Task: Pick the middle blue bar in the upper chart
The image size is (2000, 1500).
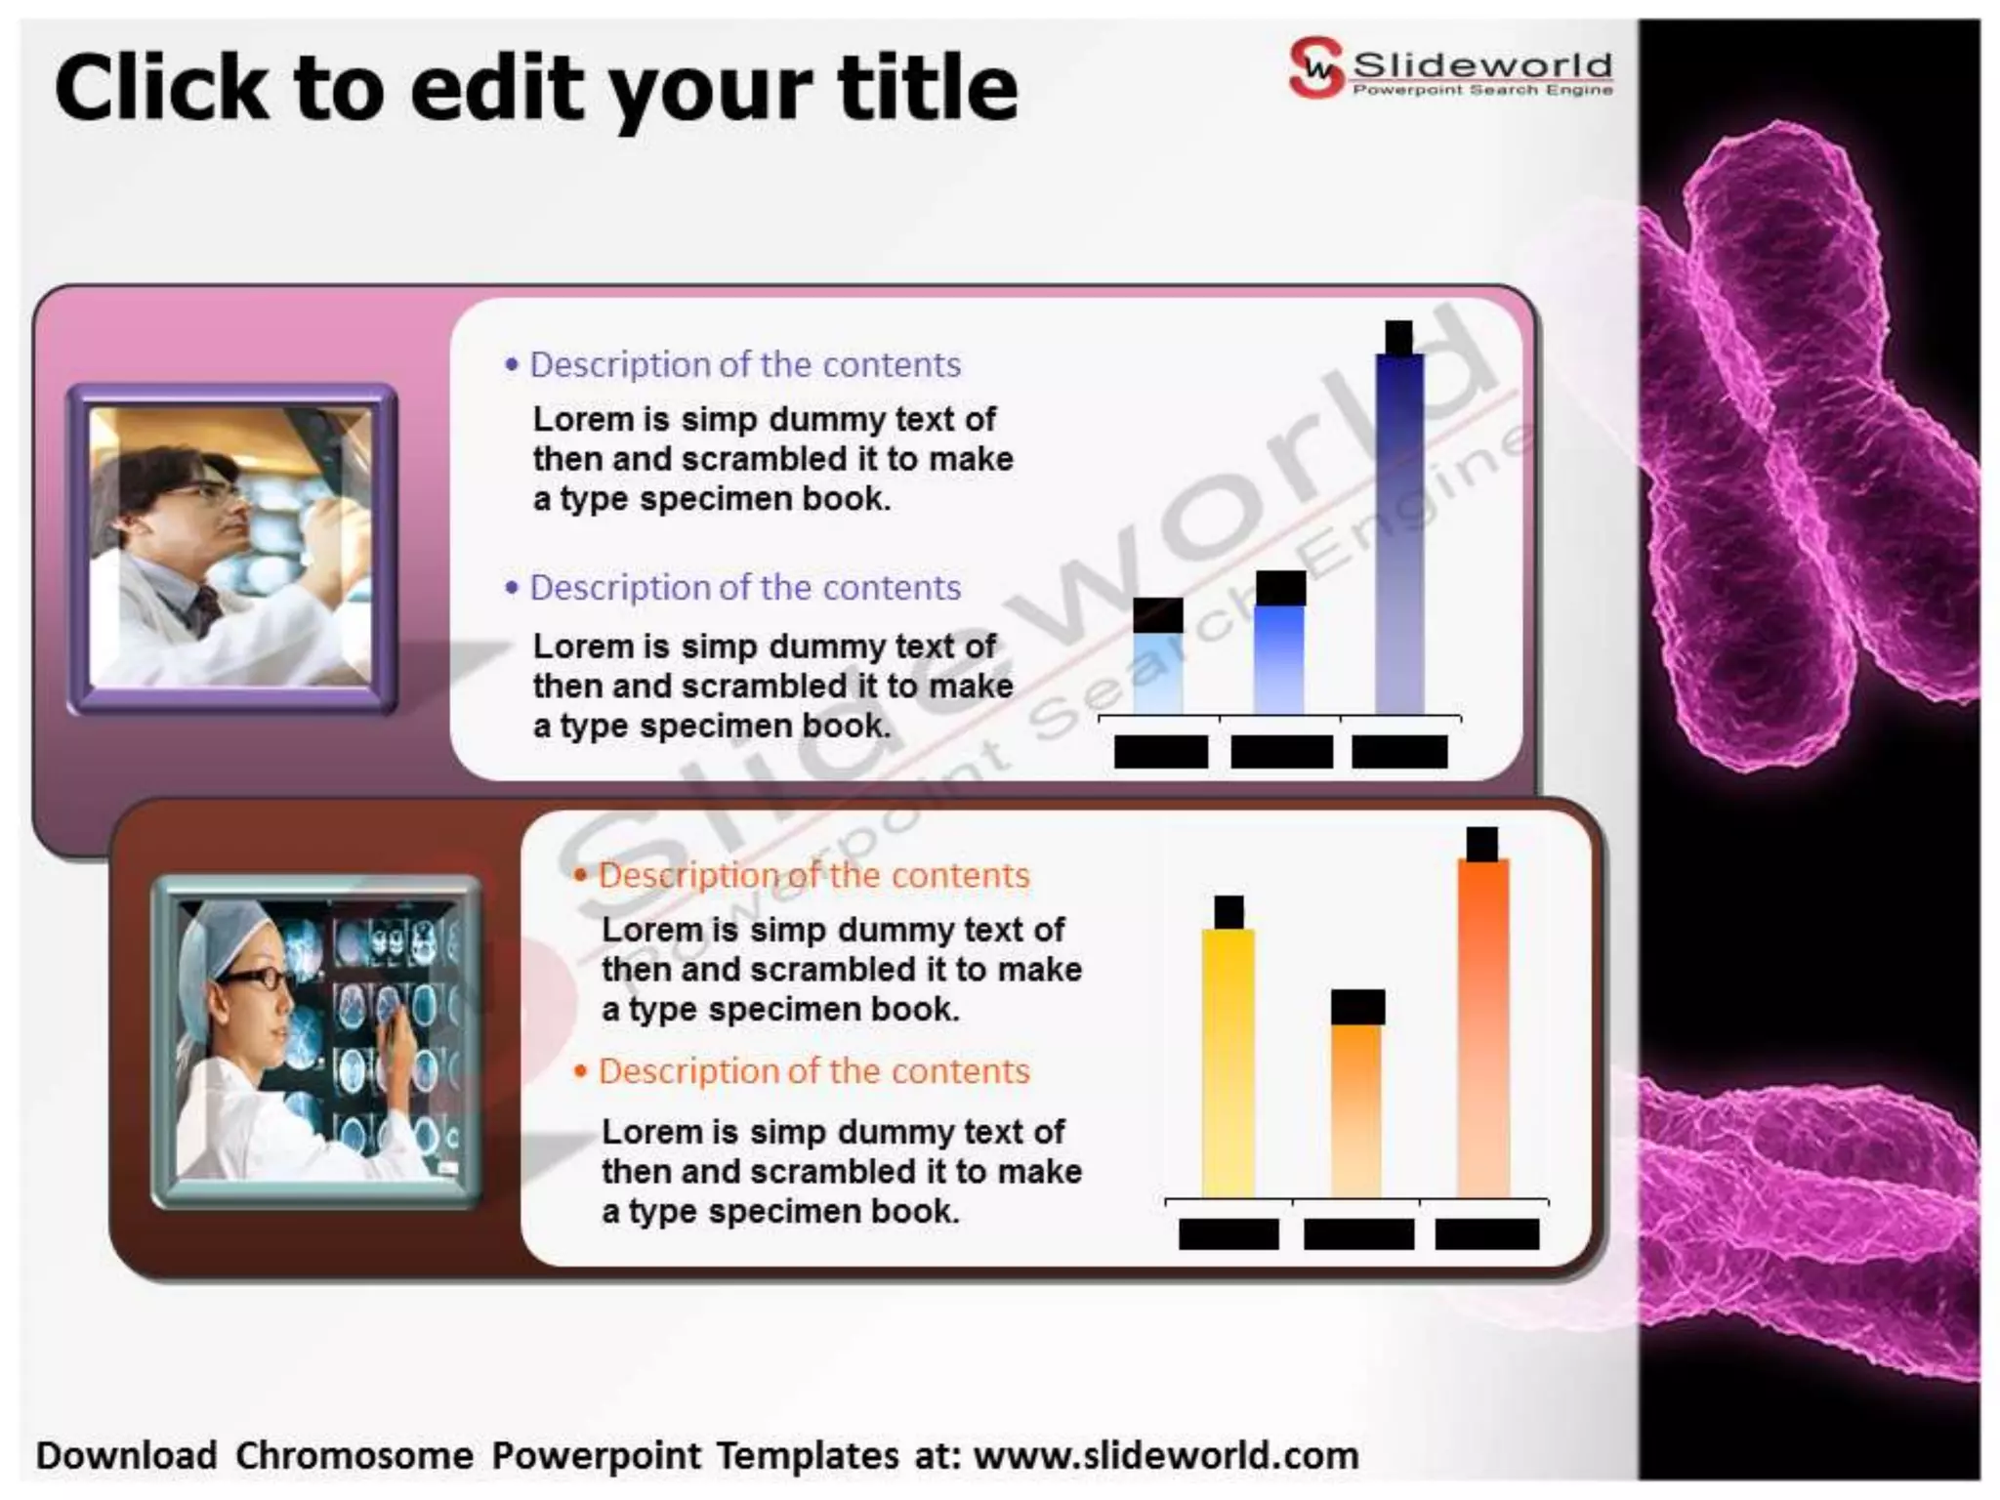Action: coord(1279,658)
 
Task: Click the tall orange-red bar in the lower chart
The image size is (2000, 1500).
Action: coord(1483,1025)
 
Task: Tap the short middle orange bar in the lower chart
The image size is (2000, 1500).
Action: coord(1357,1108)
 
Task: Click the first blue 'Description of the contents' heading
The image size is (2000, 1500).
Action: coord(744,364)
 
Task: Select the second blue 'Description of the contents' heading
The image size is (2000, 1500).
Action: coord(744,588)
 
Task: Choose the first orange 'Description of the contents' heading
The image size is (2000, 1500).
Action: coord(813,875)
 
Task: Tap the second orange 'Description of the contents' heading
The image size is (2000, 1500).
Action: coord(813,1071)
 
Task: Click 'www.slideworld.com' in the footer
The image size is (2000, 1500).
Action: coord(1166,1455)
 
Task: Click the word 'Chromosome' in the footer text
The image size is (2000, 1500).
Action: coord(354,1455)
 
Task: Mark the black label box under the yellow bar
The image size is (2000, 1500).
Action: coord(1229,1233)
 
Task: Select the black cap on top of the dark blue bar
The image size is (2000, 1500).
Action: coord(1398,337)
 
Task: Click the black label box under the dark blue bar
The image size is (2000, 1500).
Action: coord(1399,751)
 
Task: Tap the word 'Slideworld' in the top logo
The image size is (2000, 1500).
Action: coord(1481,64)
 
